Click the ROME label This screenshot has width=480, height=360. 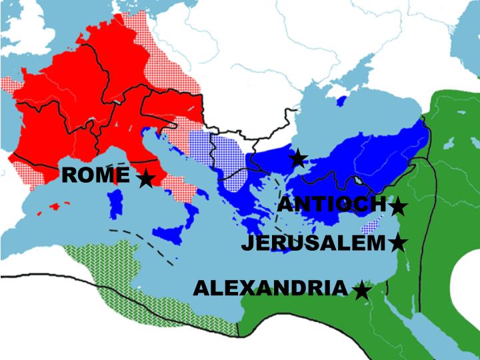pos(95,176)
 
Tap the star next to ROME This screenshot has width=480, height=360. pos(145,179)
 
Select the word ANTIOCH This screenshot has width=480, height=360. pos(331,205)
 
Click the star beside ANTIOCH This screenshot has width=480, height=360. pos(398,207)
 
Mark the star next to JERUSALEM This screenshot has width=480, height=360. pos(397,243)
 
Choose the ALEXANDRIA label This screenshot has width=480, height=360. pos(270,288)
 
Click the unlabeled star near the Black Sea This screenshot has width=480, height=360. pos(298,159)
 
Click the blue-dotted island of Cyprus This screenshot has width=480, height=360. pos(376,224)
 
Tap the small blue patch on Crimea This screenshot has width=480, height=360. pos(342,101)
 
